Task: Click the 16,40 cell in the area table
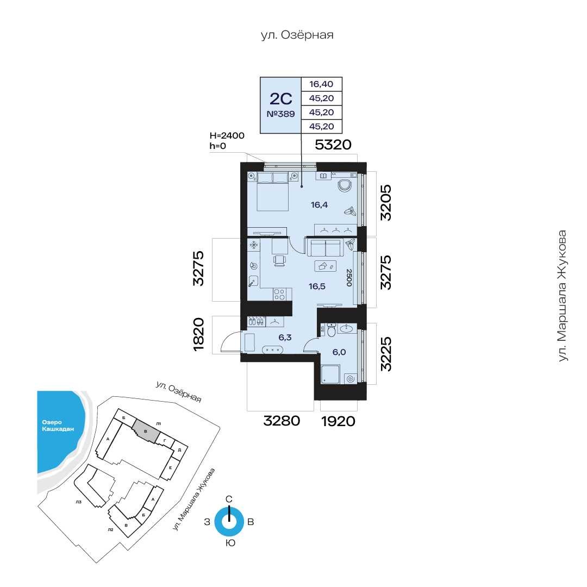click(321, 84)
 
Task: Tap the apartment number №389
click(280, 114)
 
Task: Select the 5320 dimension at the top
click(333, 145)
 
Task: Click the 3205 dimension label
click(385, 203)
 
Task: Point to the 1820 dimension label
click(198, 334)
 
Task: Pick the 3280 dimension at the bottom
click(282, 421)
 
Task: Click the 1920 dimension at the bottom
click(338, 421)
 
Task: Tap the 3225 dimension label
click(385, 354)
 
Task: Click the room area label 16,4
click(320, 205)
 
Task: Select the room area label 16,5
click(317, 287)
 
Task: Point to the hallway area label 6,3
click(285, 338)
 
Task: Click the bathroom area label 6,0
click(339, 352)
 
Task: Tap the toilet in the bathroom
click(332, 330)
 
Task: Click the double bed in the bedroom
click(272, 191)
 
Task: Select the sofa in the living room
click(325, 247)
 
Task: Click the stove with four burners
click(279, 294)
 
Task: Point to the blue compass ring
click(229, 521)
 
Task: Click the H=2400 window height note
click(227, 135)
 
